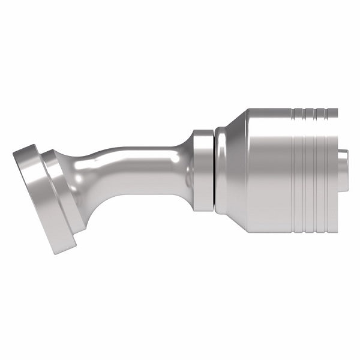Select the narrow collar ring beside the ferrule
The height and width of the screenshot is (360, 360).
(203, 170)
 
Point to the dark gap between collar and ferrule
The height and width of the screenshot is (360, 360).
(214, 170)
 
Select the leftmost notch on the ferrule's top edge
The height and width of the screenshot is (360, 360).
(295, 111)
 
